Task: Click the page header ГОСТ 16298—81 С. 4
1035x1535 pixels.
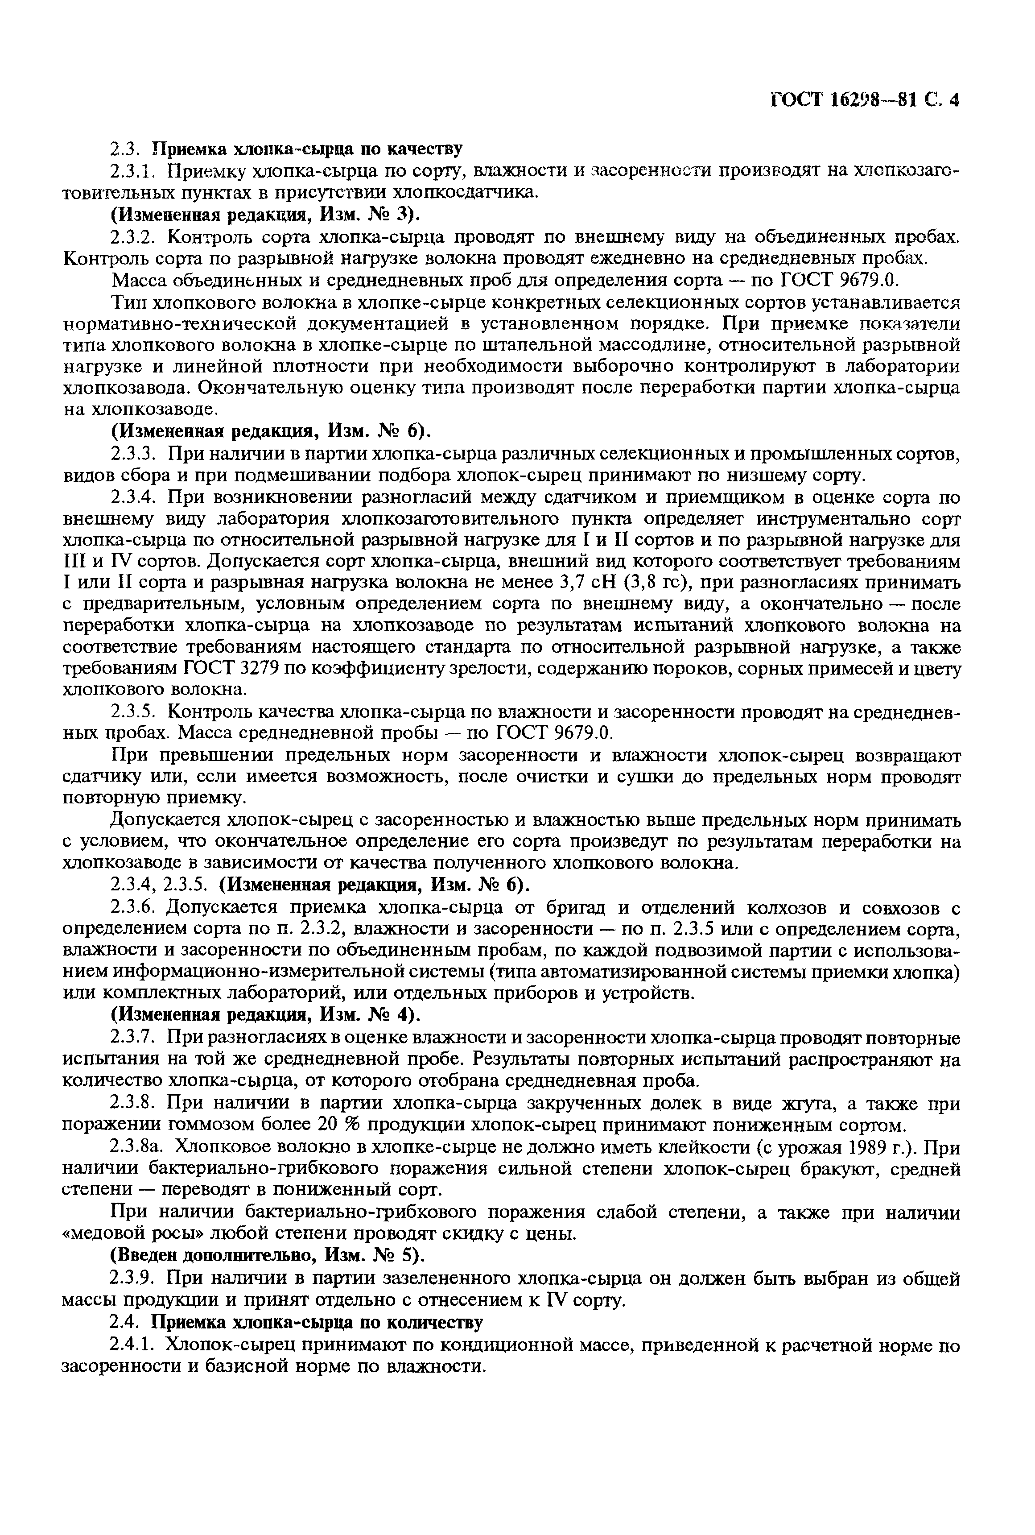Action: [864, 100]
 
